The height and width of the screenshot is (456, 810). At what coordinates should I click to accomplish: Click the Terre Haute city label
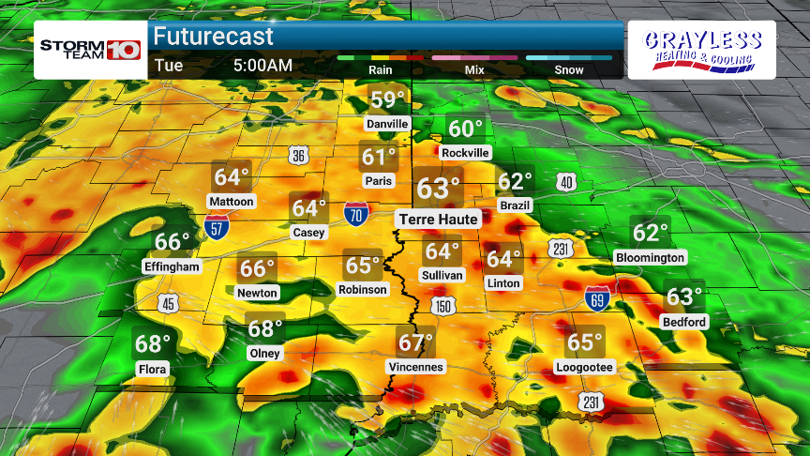(440, 219)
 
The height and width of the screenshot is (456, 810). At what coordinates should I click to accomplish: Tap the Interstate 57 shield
(217, 225)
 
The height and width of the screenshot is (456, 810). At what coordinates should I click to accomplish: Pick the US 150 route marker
(443, 307)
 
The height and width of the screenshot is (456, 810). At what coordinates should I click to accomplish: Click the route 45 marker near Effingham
(168, 302)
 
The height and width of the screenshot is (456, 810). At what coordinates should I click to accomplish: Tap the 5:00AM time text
(262, 66)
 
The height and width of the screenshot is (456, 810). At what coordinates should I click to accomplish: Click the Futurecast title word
(214, 37)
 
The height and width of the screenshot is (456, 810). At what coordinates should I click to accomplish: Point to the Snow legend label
(569, 69)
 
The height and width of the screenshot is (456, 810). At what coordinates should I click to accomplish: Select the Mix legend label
(474, 69)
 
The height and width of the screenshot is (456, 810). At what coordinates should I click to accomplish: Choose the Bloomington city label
(650, 257)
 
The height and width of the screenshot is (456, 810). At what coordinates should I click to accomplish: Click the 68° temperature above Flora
(153, 344)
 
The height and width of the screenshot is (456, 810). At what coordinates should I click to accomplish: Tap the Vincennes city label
(416, 367)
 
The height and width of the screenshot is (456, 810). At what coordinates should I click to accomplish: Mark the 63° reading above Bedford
(684, 297)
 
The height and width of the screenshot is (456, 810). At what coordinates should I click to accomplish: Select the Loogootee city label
(585, 367)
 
